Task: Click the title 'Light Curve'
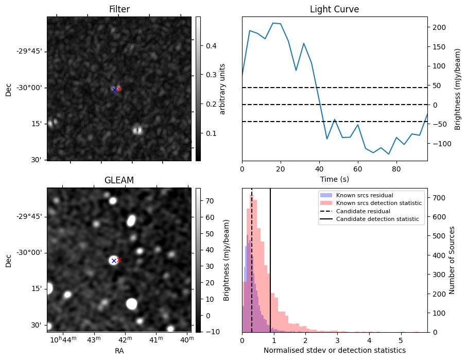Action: click(x=334, y=10)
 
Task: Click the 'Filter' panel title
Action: click(x=119, y=10)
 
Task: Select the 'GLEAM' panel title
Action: click(x=119, y=180)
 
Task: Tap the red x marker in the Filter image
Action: click(x=119, y=89)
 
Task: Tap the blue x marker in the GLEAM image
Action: click(x=114, y=261)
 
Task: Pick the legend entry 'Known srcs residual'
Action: click(x=364, y=196)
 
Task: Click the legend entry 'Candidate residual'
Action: click(x=363, y=212)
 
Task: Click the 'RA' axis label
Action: click(x=119, y=351)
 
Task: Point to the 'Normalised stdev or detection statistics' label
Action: click(x=334, y=351)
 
